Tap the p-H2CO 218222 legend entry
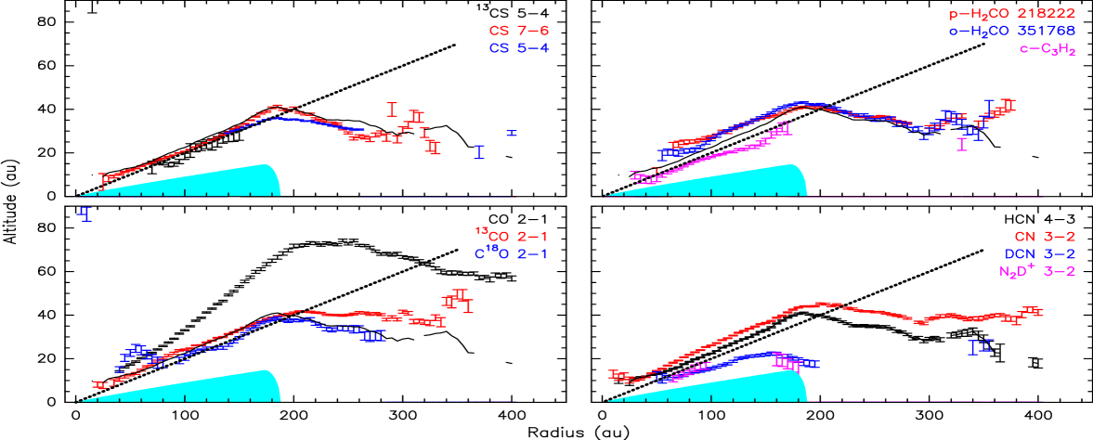(1010, 14)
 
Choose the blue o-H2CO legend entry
(1010, 32)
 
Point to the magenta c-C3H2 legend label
(1047, 49)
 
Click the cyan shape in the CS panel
(232, 183)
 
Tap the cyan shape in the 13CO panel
(232, 388)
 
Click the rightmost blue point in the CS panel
(512, 134)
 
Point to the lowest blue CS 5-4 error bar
(85, 214)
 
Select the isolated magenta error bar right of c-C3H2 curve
(962, 144)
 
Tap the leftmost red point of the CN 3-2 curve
(612, 374)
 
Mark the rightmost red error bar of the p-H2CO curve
(1009, 105)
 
